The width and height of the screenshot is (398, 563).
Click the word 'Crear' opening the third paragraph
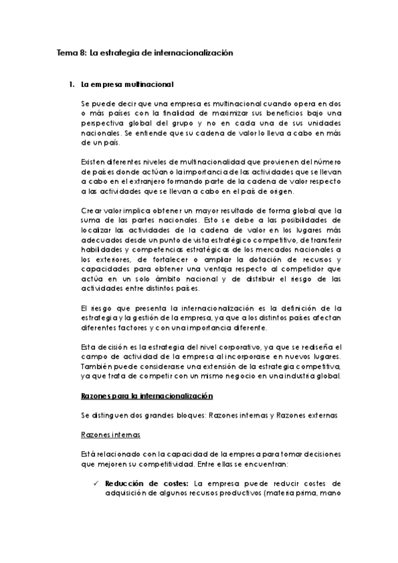90,210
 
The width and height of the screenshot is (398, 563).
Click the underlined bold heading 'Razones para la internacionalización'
146,396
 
